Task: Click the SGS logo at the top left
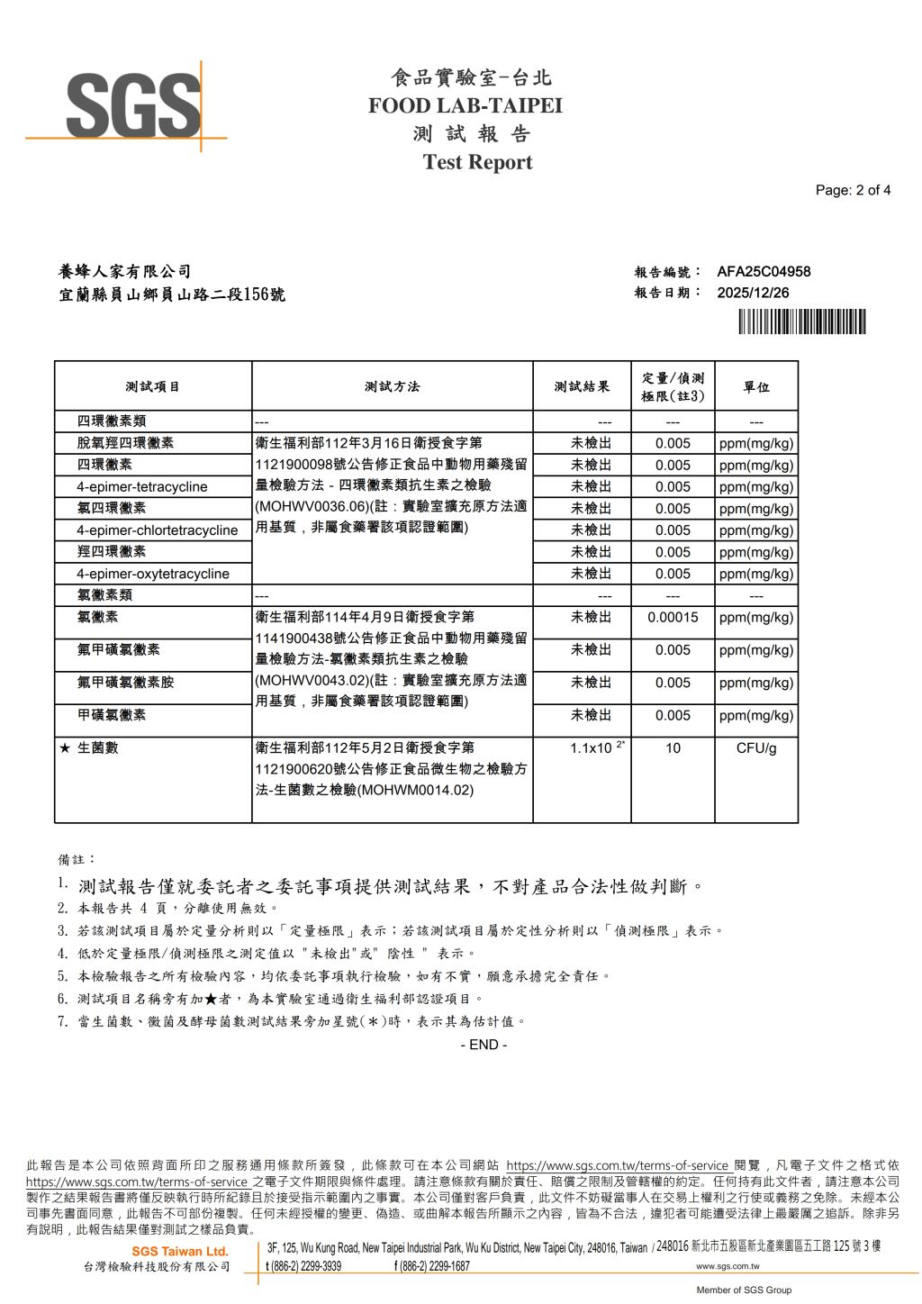pyautogui.click(x=133, y=106)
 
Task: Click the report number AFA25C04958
pyautogui.click(x=764, y=271)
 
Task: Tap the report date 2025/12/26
pyautogui.click(x=753, y=293)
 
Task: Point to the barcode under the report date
pyautogui.click(x=801, y=321)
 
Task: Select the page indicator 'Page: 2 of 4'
pyautogui.click(x=853, y=190)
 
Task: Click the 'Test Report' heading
pyautogui.click(x=477, y=163)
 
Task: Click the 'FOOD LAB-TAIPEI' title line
pyautogui.click(x=465, y=106)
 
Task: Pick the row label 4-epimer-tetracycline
pyautogui.click(x=141, y=487)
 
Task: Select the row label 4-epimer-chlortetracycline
pyautogui.click(x=157, y=530)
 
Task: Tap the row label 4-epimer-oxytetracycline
pyautogui.click(x=152, y=574)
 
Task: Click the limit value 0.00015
pyautogui.click(x=673, y=618)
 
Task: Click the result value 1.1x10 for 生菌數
pyautogui.click(x=592, y=748)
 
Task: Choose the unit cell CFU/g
pyautogui.click(x=755, y=748)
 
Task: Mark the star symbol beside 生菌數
pyautogui.click(x=65, y=748)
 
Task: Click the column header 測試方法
pyautogui.click(x=392, y=386)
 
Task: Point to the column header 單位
pyautogui.click(x=755, y=386)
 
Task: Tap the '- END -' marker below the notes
pyautogui.click(x=484, y=1045)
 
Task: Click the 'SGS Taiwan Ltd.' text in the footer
pyautogui.click(x=180, y=1252)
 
